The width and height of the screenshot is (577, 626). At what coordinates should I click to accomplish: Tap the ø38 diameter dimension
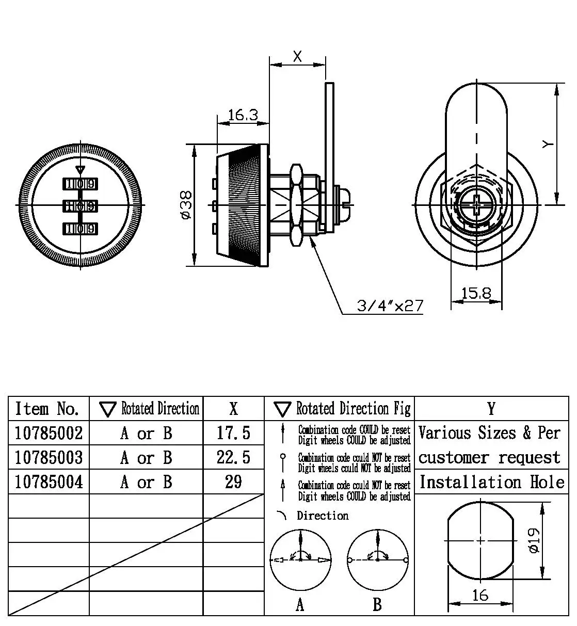click(x=186, y=205)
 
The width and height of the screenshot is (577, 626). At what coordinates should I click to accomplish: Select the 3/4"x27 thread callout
click(x=390, y=306)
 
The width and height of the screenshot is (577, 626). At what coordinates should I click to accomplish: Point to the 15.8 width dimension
click(x=476, y=293)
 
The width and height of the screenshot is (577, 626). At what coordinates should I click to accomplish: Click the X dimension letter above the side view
click(x=298, y=56)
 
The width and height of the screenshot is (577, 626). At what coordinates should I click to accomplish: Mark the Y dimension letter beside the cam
click(x=548, y=144)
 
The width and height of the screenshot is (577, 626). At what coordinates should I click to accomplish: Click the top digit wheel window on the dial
click(x=80, y=184)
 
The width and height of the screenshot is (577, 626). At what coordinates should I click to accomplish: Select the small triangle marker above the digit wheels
click(x=79, y=169)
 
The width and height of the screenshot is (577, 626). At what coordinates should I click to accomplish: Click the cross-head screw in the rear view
click(x=476, y=205)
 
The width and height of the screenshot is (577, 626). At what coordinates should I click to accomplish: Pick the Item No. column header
click(x=47, y=409)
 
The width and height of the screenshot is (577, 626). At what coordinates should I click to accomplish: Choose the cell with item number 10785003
click(x=49, y=457)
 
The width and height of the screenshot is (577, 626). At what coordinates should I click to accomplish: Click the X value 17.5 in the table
click(x=233, y=433)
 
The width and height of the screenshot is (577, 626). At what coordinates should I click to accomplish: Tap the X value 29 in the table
click(x=233, y=481)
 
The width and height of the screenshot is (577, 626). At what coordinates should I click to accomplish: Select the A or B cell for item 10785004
click(x=146, y=482)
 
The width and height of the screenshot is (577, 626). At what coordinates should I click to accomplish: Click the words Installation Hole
click(x=491, y=482)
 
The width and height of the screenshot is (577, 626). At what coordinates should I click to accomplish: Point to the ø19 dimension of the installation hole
click(x=534, y=540)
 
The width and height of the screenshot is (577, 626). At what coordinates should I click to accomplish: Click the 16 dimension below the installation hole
click(x=480, y=595)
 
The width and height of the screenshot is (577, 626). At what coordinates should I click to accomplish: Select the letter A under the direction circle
click(x=300, y=604)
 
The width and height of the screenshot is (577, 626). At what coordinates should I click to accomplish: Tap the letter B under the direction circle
click(x=377, y=604)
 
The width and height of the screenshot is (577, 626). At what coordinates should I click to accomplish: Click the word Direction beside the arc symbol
click(x=323, y=516)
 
